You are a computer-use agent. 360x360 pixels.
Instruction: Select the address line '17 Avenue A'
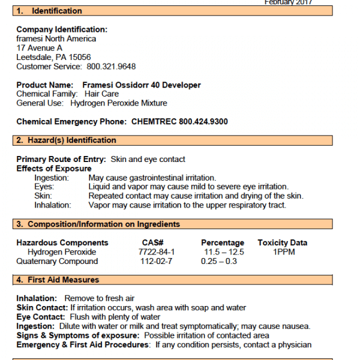click(x=39, y=48)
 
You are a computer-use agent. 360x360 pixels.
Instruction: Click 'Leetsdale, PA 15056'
click(x=53, y=57)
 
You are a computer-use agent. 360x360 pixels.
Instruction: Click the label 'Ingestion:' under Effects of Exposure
click(x=52, y=178)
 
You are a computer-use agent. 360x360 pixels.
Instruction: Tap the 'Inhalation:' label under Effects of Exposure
click(x=53, y=205)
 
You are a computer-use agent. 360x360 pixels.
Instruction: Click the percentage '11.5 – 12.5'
click(x=223, y=252)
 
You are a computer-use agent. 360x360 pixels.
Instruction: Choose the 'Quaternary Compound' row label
click(x=57, y=261)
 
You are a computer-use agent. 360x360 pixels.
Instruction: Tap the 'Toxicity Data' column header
click(x=283, y=243)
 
